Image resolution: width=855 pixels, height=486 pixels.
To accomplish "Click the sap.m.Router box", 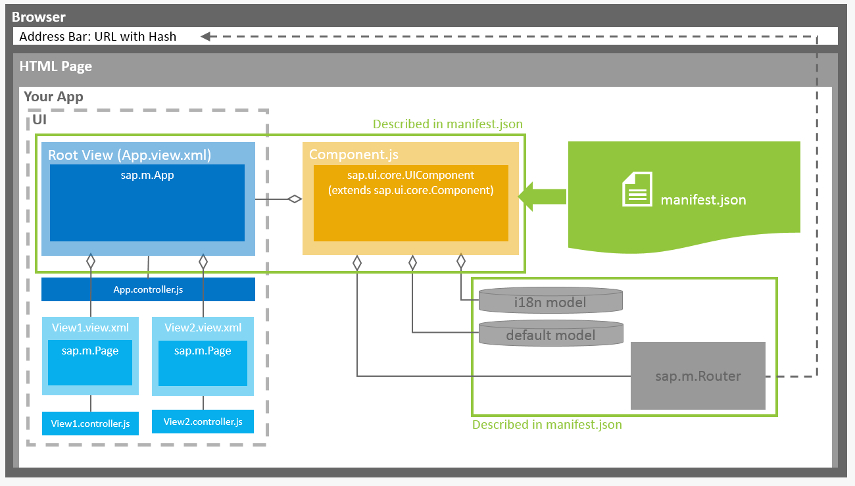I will coord(698,376).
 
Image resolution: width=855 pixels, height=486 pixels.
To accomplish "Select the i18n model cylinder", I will coord(550,301).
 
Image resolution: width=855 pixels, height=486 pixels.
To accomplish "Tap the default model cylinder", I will coord(550,334).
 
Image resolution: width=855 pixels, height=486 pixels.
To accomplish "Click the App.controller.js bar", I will coord(148,289).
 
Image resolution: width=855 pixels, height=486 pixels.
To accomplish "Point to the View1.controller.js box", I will coord(91,424).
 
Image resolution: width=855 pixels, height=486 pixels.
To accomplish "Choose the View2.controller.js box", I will coord(203,422).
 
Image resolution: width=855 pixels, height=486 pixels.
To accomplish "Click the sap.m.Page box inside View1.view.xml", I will coord(90,362).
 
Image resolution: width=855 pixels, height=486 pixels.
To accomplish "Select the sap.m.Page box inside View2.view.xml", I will coord(203,362).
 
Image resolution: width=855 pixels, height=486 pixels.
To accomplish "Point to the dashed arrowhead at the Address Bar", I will coord(206,37).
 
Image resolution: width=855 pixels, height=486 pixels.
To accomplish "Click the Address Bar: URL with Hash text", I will coord(98,37).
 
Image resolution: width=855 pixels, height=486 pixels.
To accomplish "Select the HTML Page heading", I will coord(56,66).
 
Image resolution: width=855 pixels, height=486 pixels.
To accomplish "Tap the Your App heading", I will coord(53,97).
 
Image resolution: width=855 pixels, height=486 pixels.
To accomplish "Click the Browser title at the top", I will coord(39,17).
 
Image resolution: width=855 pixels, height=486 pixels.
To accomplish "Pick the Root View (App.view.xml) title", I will coord(130,155).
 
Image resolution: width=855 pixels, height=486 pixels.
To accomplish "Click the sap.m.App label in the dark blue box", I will coord(147,175).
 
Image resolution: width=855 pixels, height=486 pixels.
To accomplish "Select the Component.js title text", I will coord(354,155).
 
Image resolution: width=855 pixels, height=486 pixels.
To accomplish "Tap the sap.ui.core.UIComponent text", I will coord(411,176).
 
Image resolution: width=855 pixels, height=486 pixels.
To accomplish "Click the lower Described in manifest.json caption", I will coord(547,425).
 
